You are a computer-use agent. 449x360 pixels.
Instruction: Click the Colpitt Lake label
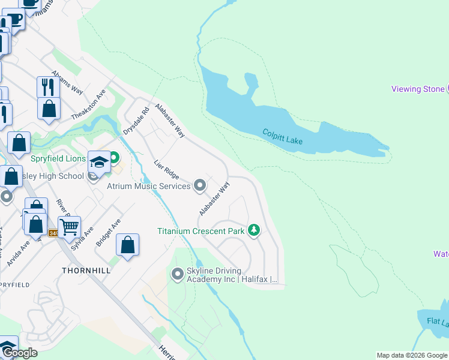282,136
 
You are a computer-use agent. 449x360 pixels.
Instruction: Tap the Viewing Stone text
418,89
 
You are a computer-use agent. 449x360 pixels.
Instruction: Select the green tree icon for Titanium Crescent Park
254,230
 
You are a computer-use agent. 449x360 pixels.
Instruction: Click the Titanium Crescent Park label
200,231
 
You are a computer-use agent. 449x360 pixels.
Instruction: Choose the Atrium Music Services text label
148,186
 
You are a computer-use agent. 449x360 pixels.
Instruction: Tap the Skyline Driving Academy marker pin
177,274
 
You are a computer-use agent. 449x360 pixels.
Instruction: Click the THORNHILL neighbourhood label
86,271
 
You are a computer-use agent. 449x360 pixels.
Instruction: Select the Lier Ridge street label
166,169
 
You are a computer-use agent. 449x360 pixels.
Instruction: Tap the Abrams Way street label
67,82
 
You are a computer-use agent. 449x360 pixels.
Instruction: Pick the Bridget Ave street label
109,233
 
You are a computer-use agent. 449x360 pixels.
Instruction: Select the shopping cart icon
70,227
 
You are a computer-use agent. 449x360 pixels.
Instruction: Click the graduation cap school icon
99,161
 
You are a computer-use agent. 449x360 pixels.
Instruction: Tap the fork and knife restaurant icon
47,87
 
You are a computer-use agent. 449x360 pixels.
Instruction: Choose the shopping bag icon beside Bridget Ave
127,245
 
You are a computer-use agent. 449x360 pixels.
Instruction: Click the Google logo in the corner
20,353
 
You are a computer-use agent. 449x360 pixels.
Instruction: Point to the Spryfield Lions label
59,158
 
